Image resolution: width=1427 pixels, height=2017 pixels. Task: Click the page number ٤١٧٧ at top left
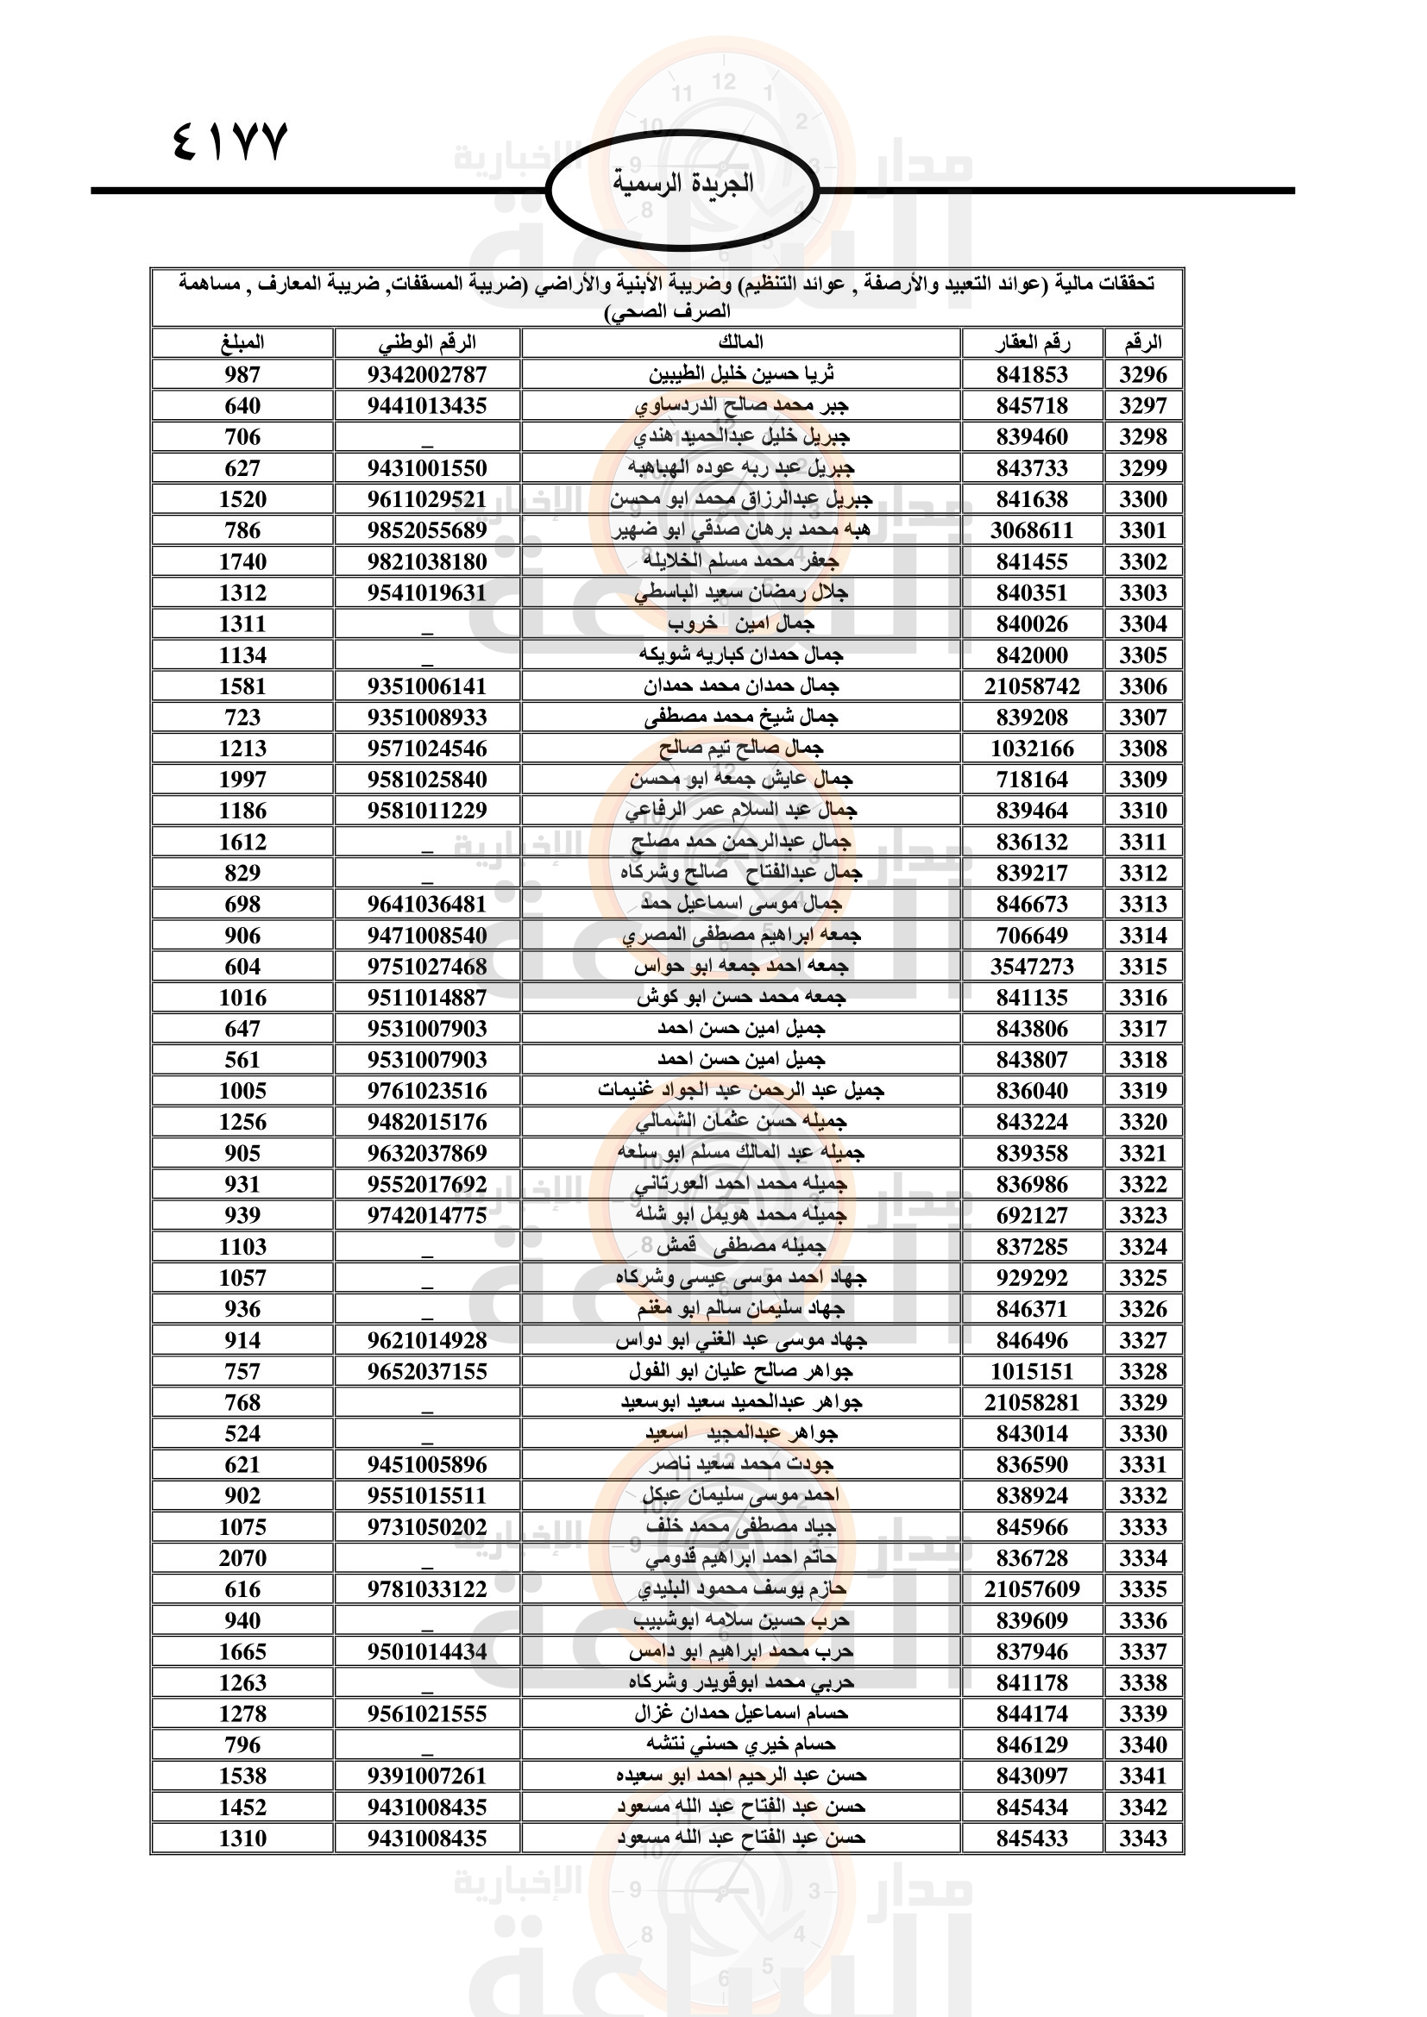point(230,142)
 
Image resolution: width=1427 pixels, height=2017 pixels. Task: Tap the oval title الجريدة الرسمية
point(682,184)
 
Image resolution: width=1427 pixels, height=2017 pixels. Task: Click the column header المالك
point(741,342)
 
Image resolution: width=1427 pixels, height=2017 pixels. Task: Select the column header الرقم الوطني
point(427,342)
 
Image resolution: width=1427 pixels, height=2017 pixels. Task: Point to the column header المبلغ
point(242,342)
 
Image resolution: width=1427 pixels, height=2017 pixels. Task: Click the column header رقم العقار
point(1032,342)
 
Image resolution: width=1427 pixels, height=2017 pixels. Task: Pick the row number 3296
point(1142,374)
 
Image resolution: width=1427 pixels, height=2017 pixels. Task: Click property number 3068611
point(1032,530)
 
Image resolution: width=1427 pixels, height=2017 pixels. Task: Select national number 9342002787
point(427,374)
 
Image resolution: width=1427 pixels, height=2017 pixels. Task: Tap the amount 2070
point(242,1558)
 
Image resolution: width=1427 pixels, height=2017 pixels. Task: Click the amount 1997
point(242,780)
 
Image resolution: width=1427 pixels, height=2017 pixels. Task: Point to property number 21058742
point(1032,686)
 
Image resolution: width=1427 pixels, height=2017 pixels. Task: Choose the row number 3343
point(1142,1838)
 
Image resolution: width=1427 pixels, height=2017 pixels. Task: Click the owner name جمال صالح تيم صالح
point(741,749)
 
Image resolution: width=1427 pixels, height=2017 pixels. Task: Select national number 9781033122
point(427,1589)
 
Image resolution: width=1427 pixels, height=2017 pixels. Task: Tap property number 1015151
point(1032,1371)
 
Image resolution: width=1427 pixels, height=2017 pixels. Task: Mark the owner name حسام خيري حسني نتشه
point(741,1745)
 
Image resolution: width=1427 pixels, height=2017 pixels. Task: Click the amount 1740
point(242,561)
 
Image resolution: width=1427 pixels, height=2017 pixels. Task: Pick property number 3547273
point(1032,967)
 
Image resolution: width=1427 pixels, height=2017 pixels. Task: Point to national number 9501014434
point(427,1651)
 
